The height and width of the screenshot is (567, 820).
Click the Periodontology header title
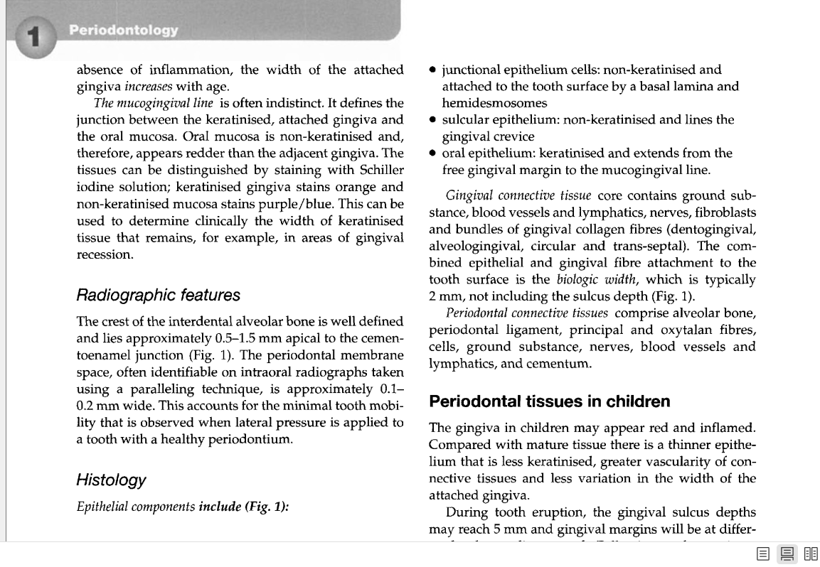[124, 30]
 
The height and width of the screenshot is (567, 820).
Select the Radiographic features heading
[158, 295]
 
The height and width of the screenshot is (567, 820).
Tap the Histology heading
[111, 480]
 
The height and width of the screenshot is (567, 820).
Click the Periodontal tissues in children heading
[549, 401]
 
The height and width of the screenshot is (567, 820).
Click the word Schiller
[382, 170]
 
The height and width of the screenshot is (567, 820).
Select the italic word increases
[149, 87]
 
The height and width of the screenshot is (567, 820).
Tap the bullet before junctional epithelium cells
[433, 70]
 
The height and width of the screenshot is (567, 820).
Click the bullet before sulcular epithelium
[433, 120]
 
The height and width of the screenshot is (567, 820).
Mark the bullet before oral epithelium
[433, 153]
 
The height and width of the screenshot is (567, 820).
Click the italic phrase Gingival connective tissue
[518, 195]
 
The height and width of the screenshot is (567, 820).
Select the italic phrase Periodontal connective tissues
[526, 313]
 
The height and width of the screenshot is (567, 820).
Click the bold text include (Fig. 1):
[243, 507]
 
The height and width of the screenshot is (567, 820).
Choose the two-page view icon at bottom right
[811, 554]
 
